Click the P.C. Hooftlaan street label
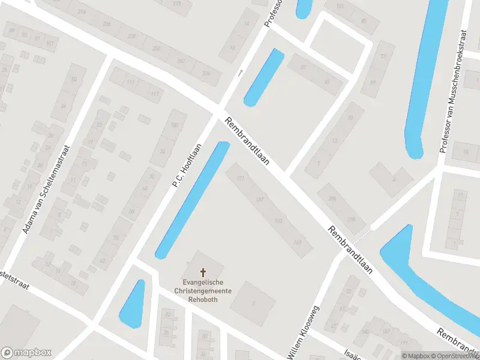point(187,164)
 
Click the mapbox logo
point(26,353)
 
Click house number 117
point(155,94)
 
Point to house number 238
point(107,24)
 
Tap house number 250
point(157,49)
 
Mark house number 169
point(298,242)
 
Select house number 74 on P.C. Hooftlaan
point(162,151)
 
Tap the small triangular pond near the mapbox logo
point(133,304)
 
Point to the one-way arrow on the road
point(241,72)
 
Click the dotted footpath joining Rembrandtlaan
point(367,230)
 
